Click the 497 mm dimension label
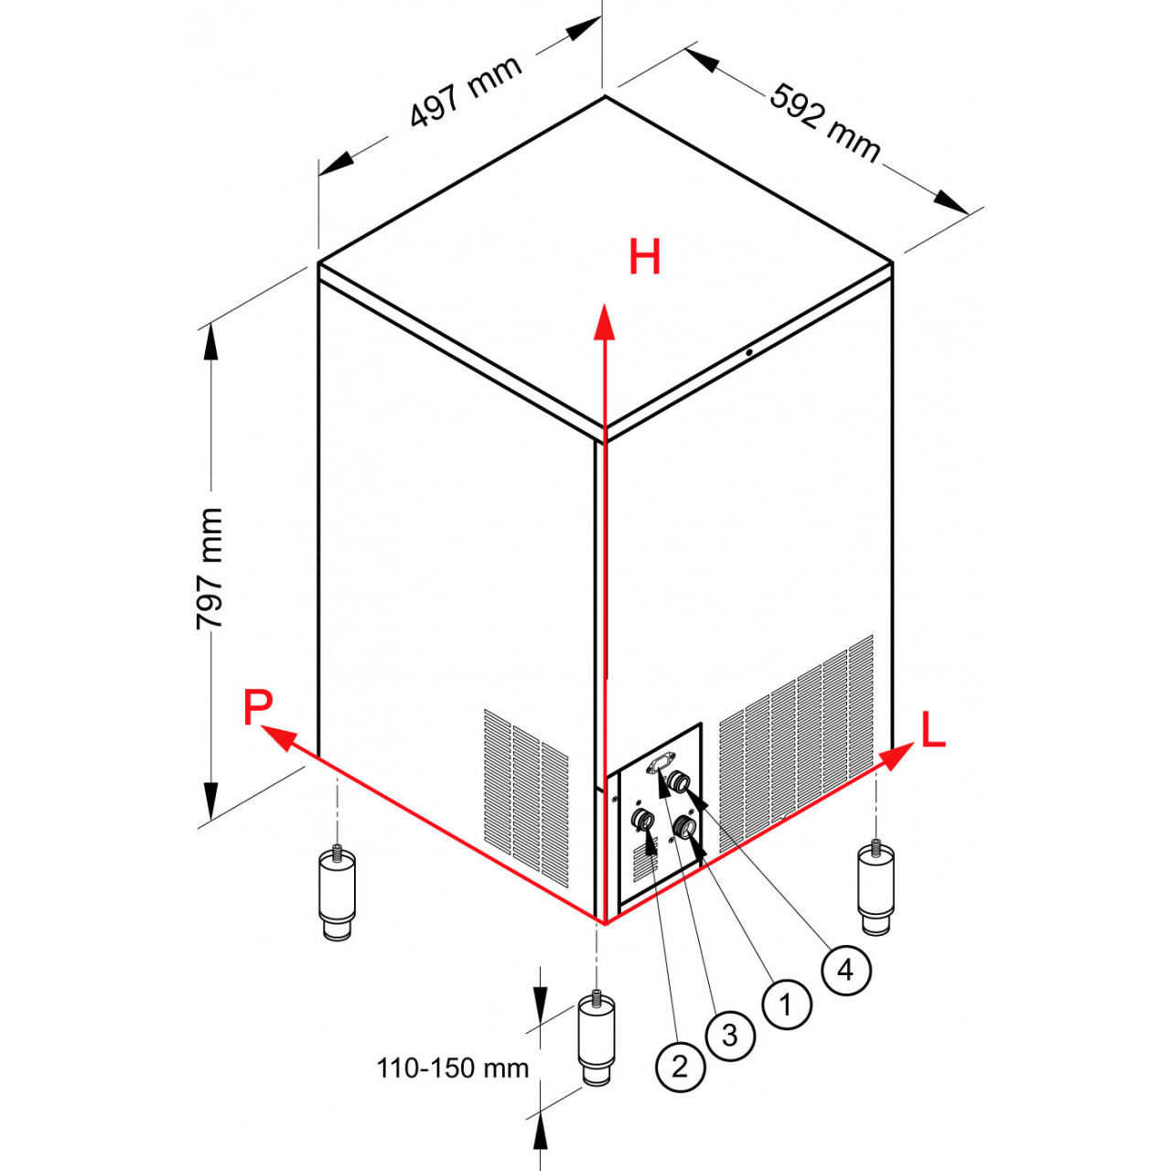(466, 91)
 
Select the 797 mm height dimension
(210, 568)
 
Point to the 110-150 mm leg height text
(453, 1069)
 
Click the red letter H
(644, 256)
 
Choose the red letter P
(258, 707)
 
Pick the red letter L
(933, 729)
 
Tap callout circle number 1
(787, 1004)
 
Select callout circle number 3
(730, 1036)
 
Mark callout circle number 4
(846, 971)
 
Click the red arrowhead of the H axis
(604, 321)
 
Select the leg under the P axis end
(337, 893)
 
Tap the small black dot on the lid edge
(749, 352)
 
